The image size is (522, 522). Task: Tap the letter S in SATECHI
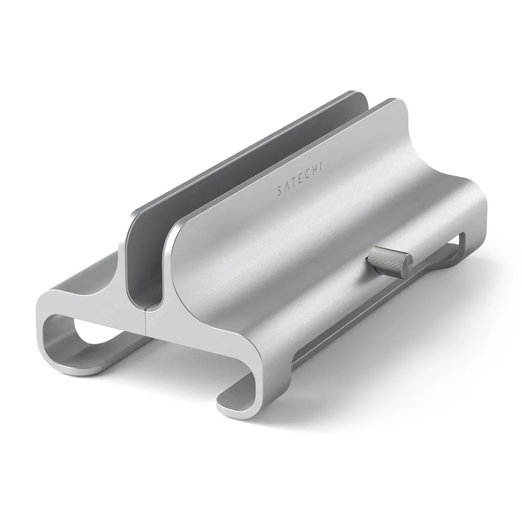pyautogui.click(x=278, y=192)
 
